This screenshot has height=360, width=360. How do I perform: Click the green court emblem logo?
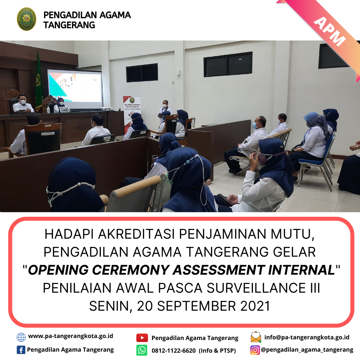click(26, 19)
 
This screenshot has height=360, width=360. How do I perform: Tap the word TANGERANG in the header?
click(69, 25)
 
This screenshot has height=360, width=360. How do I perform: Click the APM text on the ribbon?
click(329, 31)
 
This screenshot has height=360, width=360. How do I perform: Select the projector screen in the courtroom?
click(74, 88)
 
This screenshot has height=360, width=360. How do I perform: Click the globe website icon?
click(21, 337)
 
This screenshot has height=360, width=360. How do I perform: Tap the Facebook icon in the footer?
click(21, 350)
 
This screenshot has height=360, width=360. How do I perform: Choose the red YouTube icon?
click(142, 338)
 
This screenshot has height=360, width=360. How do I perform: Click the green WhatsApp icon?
click(142, 350)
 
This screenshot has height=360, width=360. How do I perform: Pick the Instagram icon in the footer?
click(255, 350)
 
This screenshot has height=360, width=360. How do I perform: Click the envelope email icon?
click(256, 337)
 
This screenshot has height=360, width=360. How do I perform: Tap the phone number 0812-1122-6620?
click(174, 351)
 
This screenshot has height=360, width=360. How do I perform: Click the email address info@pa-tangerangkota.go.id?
click(307, 337)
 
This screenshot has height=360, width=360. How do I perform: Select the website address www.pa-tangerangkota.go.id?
click(70, 336)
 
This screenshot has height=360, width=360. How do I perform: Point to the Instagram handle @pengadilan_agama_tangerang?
click(307, 350)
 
